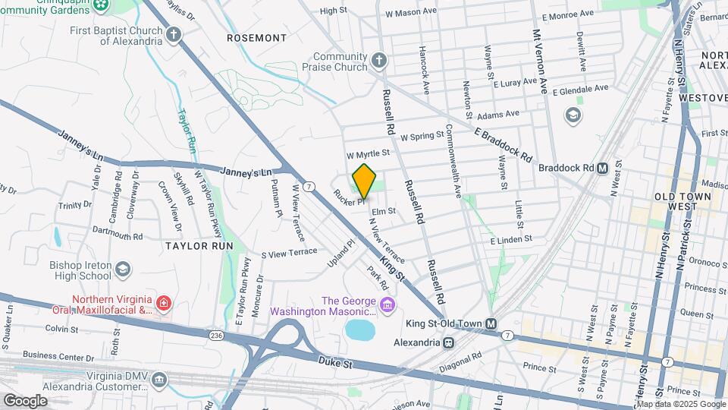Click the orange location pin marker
pyautogui.click(x=364, y=181)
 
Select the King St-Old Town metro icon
pyautogui.click(x=491, y=323)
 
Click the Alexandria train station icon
pyautogui.click(x=450, y=342)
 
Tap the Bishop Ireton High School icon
pyautogui.click(x=123, y=270)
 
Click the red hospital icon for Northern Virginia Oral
pyautogui.click(x=163, y=304)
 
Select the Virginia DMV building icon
pyautogui.click(x=158, y=379)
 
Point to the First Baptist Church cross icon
pyautogui.click(x=174, y=35)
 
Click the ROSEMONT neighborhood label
pyautogui.click(x=257, y=37)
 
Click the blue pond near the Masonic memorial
pyautogui.click(x=360, y=330)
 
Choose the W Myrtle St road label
pyautogui.click(x=368, y=153)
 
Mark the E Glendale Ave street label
pyautogui.click(x=580, y=90)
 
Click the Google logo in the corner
pyautogui.click(x=26, y=400)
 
